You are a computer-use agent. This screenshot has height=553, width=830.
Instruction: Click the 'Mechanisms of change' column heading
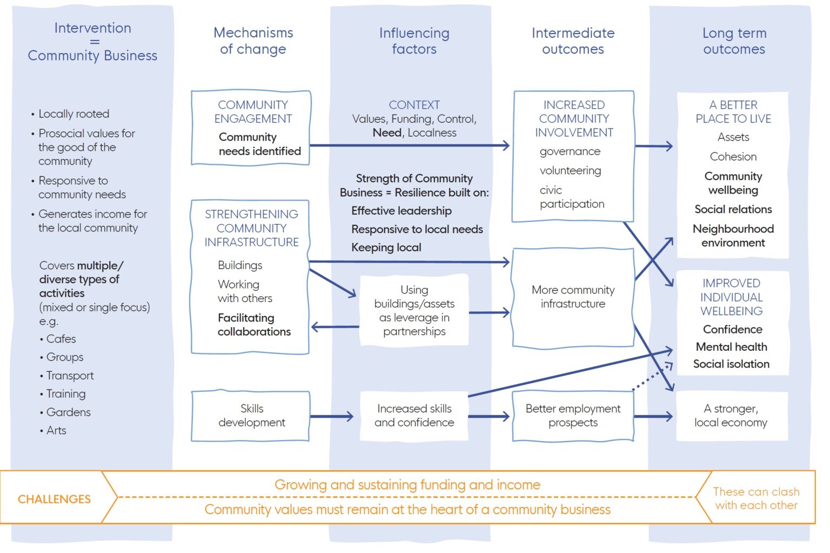coord(253,41)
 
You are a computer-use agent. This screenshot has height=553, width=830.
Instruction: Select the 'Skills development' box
coord(251,416)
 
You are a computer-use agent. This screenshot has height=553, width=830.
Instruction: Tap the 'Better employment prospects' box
coord(573,416)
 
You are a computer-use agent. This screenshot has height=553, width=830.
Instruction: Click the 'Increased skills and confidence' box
coord(414,416)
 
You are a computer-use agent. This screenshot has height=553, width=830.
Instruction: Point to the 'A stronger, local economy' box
coord(731,416)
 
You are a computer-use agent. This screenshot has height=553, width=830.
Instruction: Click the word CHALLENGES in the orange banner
coord(54,499)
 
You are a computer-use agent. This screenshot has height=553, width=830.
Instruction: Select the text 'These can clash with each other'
coord(755,498)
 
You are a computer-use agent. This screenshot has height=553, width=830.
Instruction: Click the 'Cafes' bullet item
coord(61,339)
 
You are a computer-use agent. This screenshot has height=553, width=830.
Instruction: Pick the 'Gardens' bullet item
coord(68,412)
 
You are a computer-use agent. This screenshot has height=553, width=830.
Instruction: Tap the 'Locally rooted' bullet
coord(73,114)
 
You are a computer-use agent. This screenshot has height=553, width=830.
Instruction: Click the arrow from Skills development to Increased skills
coord(331,416)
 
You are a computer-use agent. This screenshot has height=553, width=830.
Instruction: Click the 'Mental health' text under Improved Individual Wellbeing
coord(731,347)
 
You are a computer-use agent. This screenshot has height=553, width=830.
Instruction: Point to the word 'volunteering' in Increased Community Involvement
coord(570,171)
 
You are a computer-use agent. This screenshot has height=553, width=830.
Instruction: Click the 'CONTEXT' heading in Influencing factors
coord(414,105)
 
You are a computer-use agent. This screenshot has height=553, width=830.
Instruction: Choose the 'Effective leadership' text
coord(401,211)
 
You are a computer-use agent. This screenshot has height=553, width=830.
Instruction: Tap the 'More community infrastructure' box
coord(573,297)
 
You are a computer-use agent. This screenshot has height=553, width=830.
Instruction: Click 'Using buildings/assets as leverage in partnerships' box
coord(414,310)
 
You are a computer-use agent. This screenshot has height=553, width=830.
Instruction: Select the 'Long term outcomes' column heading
coord(734,41)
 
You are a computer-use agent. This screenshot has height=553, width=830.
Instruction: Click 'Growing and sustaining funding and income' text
coord(407,485)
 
